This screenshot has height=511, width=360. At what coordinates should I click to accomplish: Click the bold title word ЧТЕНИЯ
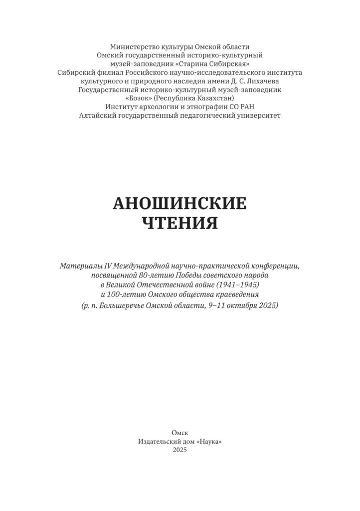pos(180,223)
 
